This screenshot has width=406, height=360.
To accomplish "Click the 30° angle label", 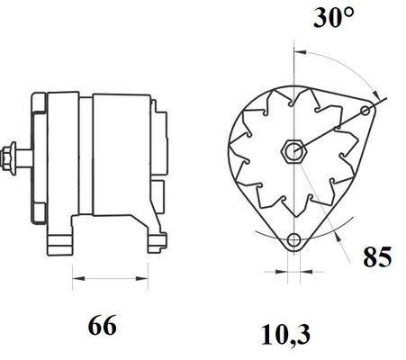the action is pyautogui.click(x=334, y=17).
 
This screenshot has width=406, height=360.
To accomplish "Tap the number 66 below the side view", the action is pyautogui.click(x=102, y=325).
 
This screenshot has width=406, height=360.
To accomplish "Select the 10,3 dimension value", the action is pyautogui.click(x=285, y=335).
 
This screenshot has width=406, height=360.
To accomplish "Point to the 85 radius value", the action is pyautogui.click(x=377, y=256).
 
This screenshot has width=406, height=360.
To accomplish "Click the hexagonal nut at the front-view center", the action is pyautogui.click(x=293, y=151).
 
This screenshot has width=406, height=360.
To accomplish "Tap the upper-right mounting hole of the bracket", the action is pyautogui.click(x=365, y=111).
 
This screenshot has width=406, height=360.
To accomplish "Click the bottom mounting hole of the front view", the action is pyautogui.click(x=293, y=240).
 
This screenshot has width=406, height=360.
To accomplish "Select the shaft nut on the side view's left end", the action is pyautogui.click(x=9, y=157).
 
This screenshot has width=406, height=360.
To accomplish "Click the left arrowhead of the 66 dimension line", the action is pyautogui.click(x=78, y=279).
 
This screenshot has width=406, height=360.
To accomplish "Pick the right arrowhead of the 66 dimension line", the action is pyautogui.click(x=142, y=279).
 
